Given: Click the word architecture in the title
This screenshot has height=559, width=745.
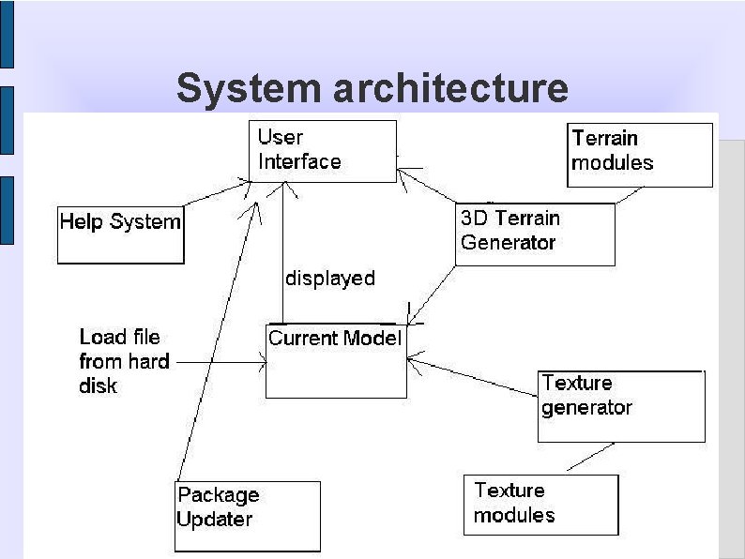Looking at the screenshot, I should (451, 88).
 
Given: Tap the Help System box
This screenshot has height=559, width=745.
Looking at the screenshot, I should (121, 234).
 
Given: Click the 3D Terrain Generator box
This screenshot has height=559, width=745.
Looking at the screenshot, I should (535, 234).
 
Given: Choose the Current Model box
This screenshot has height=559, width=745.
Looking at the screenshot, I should (336, 361).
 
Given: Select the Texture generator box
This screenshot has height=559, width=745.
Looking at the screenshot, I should (621, 406).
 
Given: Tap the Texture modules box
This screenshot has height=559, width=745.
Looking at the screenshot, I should (540, 505).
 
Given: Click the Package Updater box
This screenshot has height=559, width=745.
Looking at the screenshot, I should (248, 516).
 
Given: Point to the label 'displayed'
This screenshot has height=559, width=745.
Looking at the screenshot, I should (330, 279).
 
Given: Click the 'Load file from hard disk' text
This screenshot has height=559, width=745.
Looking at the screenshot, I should (124, 361).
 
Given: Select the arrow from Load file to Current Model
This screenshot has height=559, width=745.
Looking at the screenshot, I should (221, 361).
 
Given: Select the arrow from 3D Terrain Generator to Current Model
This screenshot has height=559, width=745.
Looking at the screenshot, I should (433, 294).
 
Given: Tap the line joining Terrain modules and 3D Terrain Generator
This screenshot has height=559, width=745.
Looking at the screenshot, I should (630, 195).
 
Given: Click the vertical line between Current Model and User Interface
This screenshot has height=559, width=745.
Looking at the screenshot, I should (283, 253).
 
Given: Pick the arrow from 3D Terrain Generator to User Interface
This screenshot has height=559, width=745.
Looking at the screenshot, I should (427, 185).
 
